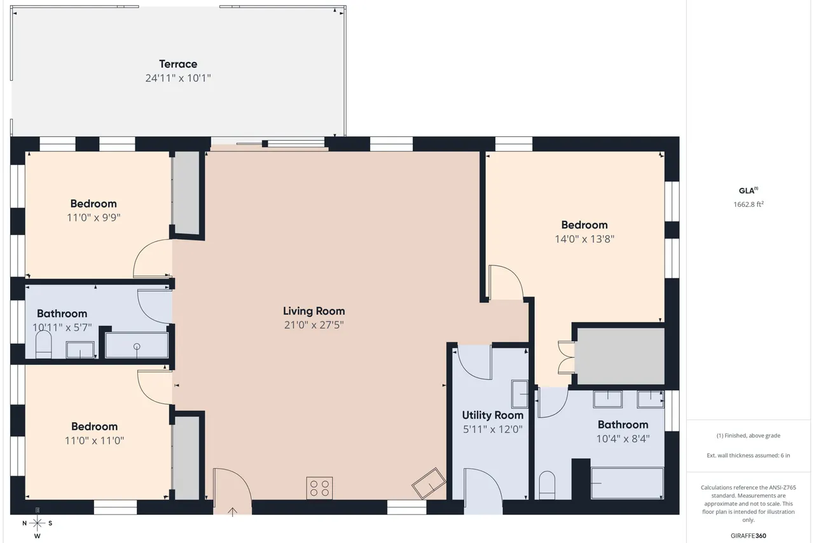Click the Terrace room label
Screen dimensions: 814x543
click(x=178, y=64)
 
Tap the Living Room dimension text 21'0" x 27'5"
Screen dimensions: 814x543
click(x=314, y=325)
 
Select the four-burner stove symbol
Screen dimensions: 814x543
click(x=319, y=488)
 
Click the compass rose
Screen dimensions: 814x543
click(x=37, y=523)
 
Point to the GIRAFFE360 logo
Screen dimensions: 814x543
click(x=748, y=536)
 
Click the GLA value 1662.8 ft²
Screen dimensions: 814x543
click(x=748, y=204)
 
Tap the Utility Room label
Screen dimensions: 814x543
click(x=492, y=415)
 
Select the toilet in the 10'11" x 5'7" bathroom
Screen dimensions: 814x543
click(x=44, y=344)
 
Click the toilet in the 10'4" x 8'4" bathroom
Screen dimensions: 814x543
click(x=547, y=485)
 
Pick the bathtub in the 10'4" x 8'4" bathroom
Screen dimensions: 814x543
click(x=627, y=483)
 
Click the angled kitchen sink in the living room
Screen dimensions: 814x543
click(x=429, y=483)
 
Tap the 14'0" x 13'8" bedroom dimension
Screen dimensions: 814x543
click(x=584, y=239)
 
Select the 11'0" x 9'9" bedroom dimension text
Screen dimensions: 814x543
click(x=93, y=218)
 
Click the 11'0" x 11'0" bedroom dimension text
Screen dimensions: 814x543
click(x=94, y=441)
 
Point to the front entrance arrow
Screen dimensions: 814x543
click(x=232, y=512)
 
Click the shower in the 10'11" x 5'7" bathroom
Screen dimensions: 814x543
click(x=137, y=345)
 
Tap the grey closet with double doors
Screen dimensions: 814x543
click(x=621, y=356)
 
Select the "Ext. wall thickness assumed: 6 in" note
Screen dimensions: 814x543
click(x=748, y=455)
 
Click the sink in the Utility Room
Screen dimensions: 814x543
click(x=520, y=394)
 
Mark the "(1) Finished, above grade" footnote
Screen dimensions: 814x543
click(x=748, y=435)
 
